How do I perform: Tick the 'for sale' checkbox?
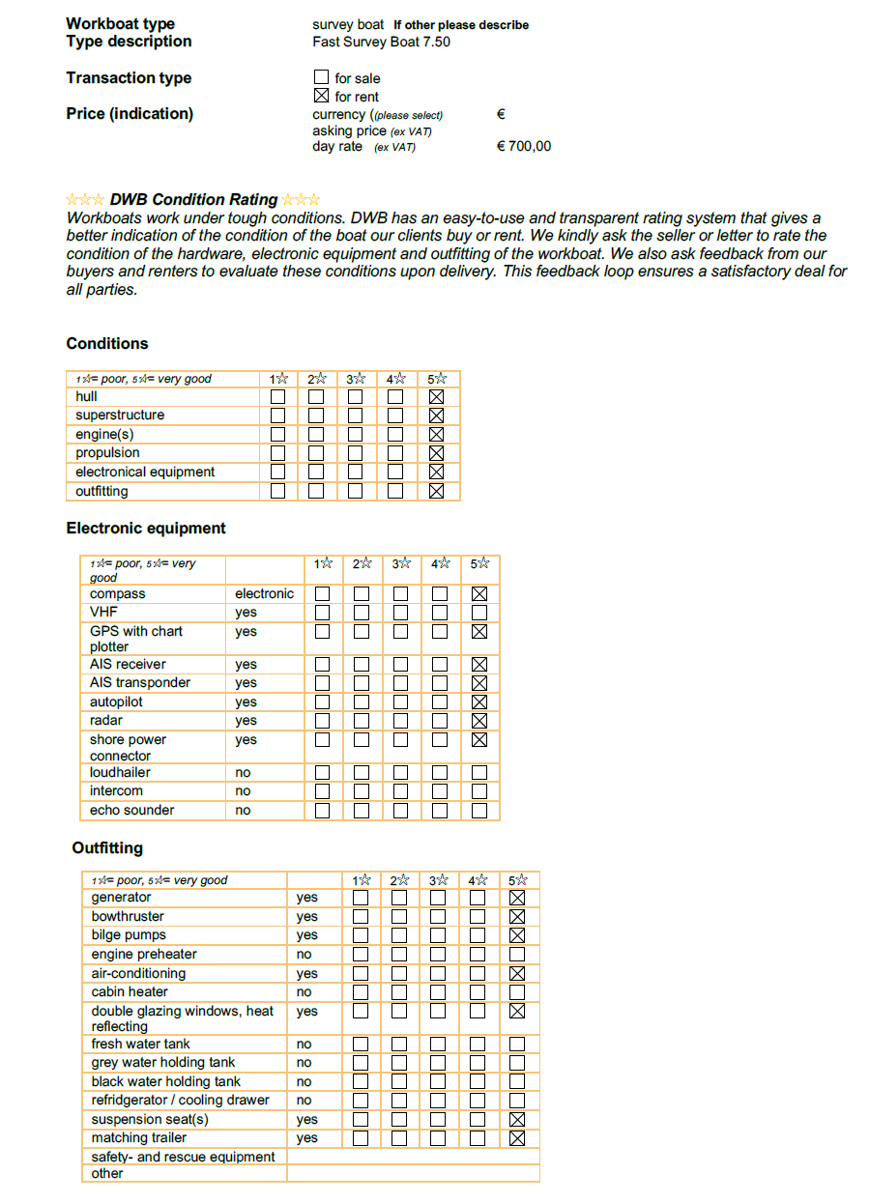[x=322, y=77]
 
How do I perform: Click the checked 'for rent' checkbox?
[x=322, y=96]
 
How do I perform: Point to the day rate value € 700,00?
[x=523, y=147]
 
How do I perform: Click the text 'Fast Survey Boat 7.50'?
[x=381, y=42]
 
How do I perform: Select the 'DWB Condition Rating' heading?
[x=193, y=200]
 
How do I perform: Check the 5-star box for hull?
[x=436, y=396]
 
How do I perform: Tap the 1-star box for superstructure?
[x=278, y=415]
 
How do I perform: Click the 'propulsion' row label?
[x=107, y=453]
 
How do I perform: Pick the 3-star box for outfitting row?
[x=356, y=491]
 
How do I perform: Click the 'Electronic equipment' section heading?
[x=146, y=529]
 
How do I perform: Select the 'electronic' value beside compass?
[x=264, y=594]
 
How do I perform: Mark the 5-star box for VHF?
[x=479, y=613]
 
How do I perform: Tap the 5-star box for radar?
[x=479, y=721]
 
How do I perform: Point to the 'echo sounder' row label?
[x=131, y=811]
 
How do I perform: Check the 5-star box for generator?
[x=517, y=898]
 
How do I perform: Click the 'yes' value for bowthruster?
[x=306, y=917]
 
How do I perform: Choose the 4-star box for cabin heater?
[x=478, y=992]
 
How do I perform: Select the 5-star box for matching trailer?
[x=517, y=1138]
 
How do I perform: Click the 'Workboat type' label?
[x=120, y=23]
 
